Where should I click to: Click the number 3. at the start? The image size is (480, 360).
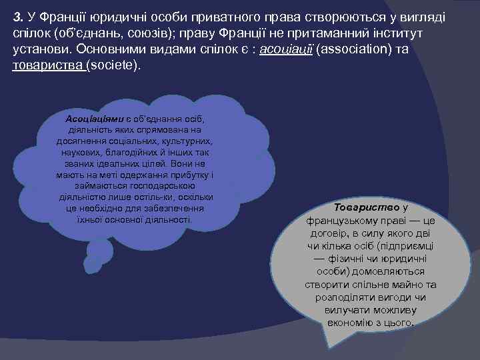tap(19, 16)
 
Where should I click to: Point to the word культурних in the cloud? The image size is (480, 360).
tap(189, 141)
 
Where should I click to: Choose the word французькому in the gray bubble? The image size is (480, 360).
tap(347, 220)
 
